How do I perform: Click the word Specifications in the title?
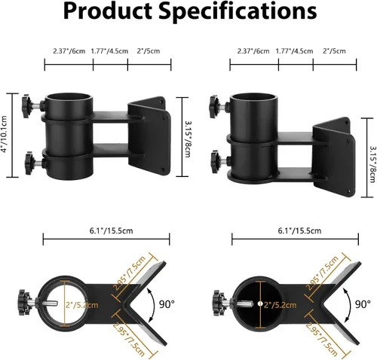238,11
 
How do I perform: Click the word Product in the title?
107,11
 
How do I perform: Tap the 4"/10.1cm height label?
4,136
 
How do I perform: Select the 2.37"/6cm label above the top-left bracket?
69,51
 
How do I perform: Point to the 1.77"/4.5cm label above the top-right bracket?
295,51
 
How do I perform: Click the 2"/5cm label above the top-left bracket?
149,51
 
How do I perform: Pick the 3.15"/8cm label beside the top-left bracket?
188,139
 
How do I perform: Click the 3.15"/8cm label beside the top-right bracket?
372,164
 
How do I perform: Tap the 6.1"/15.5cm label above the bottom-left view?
112,230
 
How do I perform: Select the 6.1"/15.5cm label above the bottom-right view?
299,230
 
